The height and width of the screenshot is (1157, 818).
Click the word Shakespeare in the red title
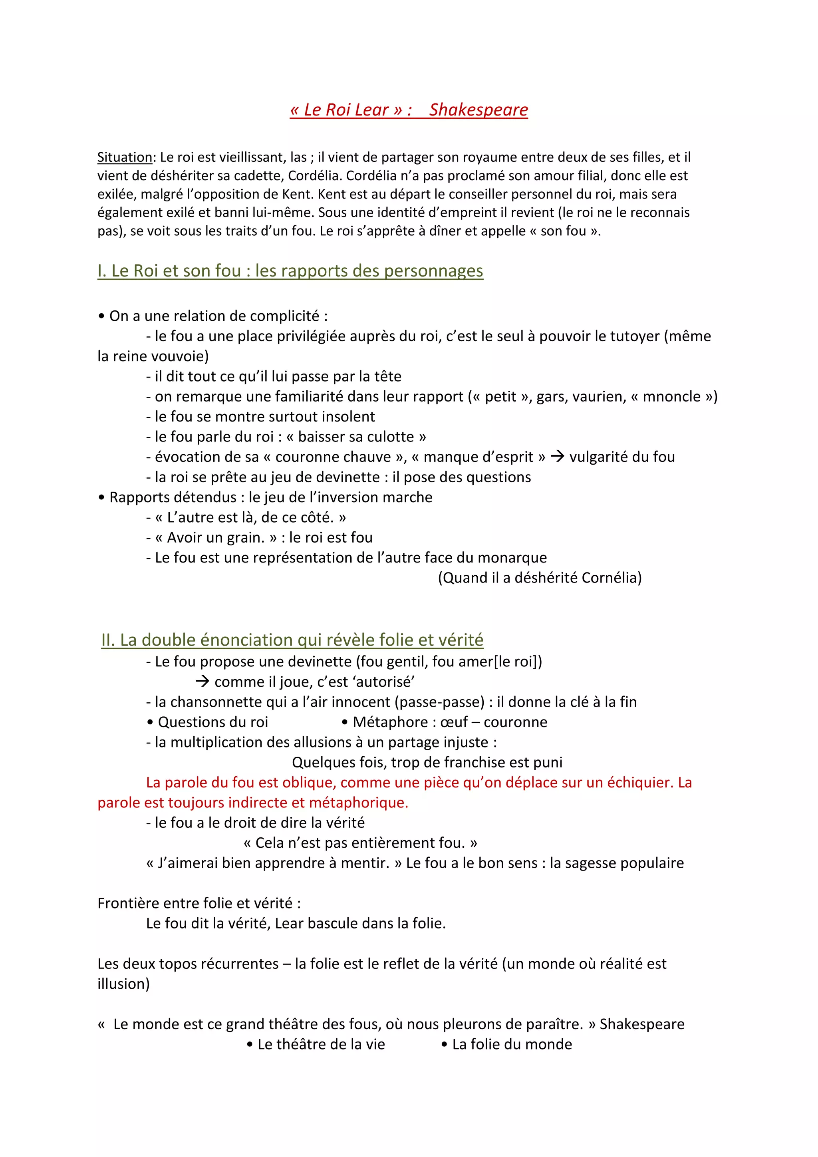(x=478, y=110)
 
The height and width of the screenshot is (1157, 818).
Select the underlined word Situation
(x=124, y=157)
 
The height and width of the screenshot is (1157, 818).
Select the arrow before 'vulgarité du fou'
(x=557, y=457)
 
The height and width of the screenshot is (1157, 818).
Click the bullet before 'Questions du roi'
(x=150, y=722)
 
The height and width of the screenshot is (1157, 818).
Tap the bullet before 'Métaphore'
(x=345, y=722)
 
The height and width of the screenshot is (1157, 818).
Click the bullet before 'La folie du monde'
(x=444, y=1044)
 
